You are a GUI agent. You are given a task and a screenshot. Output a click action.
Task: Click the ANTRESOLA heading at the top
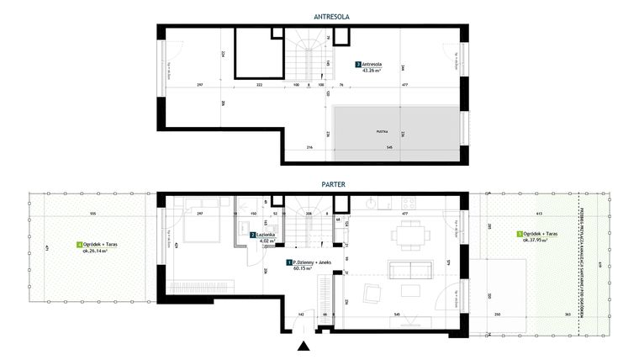coord(311,15)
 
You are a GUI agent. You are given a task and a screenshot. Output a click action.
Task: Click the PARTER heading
coord(311,183)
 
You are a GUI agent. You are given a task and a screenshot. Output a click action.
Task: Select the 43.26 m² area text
coord(372,71)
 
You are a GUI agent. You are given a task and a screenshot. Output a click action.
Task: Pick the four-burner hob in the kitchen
coord(409,202)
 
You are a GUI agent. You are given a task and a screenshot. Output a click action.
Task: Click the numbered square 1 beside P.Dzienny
coord(288,263)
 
